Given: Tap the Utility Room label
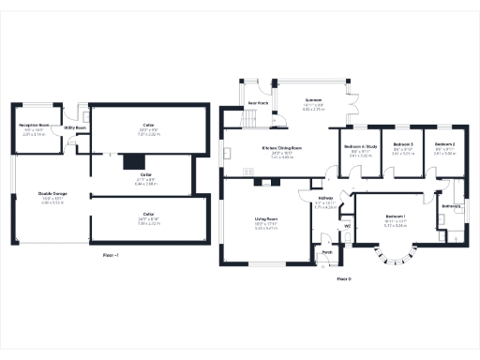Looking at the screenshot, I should pyautogui.click(x=75, y=127).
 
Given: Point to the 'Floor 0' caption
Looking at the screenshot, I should pyautogui.click(x=343, y=279).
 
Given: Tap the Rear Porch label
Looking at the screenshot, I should pyautogui.click(x=257, y=102).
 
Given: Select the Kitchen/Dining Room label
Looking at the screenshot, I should pyautogui.click(x=281, y=148).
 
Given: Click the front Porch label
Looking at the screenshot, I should pyautogui.click(x=327, y=252).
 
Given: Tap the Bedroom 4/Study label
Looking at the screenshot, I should pyautogui.click(x=360, y=147).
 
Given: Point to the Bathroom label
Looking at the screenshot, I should pyautogui.click(x=450, y=206).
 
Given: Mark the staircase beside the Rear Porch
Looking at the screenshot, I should pyautogui.click(x=250, y=119).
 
